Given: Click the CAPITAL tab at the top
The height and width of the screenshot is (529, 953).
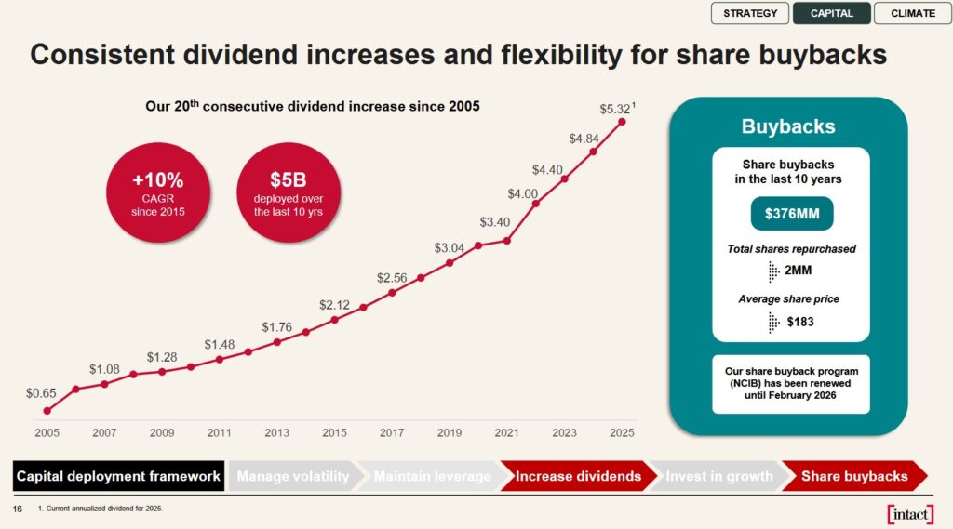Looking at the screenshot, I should [831, 13].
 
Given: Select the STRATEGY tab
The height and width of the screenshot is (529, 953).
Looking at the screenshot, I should [750, 13].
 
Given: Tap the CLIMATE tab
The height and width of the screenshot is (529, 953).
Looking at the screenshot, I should [913, 13].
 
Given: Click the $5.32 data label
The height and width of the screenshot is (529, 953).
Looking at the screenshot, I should [615, 109].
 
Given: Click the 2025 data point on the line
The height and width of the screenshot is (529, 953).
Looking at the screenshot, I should [622, 122].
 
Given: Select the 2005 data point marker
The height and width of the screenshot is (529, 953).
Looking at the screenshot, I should [47, 410].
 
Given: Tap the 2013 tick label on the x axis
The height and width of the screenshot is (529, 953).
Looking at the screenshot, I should [276, 432].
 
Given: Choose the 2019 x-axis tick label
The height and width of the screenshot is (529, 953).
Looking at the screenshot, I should [450, 432].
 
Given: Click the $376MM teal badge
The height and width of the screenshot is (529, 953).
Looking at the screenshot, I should [791, 214].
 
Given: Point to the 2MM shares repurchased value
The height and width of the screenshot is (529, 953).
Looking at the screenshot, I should [799, 271].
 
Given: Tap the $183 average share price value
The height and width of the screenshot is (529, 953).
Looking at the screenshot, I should [800, 322].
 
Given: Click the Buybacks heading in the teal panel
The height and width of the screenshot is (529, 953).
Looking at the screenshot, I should [788, 126].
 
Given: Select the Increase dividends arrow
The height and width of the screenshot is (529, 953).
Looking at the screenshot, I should [578, 476].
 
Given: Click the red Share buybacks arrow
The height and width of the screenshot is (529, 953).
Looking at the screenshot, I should [854, 476].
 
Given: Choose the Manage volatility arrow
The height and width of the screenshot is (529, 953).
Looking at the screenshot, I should [292, 476].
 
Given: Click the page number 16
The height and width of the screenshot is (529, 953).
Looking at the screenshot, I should [17, 509].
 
